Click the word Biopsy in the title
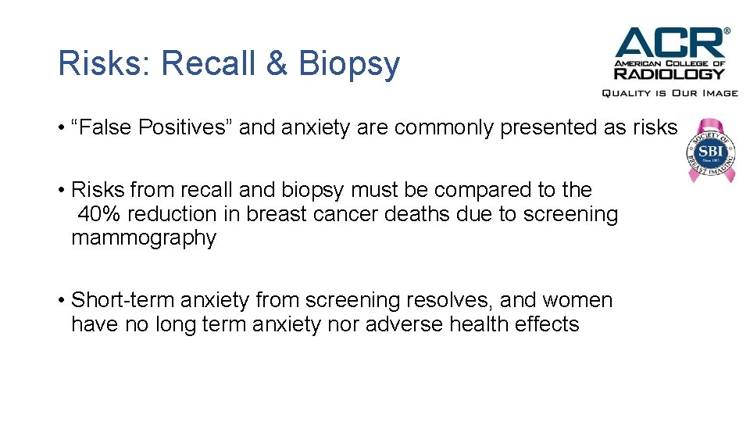pyautogui.click(x=348, y=66)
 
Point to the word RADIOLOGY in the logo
pyautogui.click(x=670, y=74)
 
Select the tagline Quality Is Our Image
pyautogui.click(x=670, y=93)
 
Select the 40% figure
pyautogui.click(x=97, y=214)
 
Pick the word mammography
pyautogui.click(x=144, y=238)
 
